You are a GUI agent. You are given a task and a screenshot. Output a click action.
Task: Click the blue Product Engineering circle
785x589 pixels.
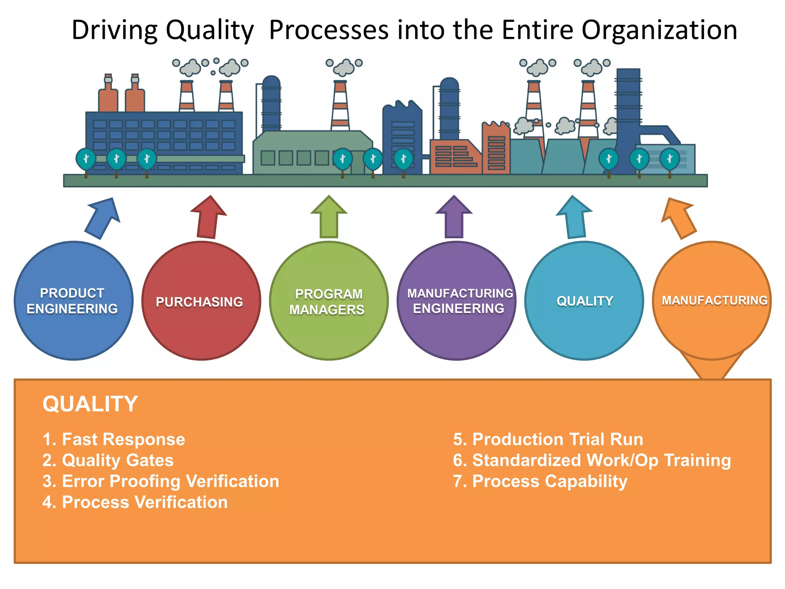[74, 301]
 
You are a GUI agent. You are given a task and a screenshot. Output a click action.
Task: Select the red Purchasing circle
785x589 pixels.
[201, 301]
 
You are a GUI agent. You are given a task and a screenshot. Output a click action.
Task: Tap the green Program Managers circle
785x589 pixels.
[329, 301]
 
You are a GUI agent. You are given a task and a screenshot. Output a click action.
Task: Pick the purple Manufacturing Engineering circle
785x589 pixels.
[457, 301]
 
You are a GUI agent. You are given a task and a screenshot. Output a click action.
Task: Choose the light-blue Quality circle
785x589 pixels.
[584, 301]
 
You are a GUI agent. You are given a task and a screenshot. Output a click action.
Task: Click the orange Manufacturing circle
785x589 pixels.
[712, 301]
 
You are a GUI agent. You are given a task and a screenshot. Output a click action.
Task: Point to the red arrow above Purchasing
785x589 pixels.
[209, 219]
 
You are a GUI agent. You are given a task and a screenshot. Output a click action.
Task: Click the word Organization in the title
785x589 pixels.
[659, 30]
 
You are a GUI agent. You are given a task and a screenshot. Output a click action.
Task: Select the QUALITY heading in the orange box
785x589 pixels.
[90, 404]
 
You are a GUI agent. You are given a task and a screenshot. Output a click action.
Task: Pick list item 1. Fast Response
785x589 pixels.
[114, 439]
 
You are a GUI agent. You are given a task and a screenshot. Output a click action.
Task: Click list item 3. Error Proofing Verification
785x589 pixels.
[161, 481]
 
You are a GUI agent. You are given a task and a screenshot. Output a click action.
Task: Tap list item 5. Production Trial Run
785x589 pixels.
[548, 439]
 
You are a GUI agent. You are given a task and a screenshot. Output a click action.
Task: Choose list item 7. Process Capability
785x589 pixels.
[540, 481]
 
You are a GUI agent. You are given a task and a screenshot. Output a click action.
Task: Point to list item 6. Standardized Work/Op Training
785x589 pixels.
[592, 460]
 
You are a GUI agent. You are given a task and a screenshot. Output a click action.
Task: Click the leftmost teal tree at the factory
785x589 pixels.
[86, 159]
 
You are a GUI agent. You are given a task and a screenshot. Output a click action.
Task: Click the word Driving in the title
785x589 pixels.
[114, 30]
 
